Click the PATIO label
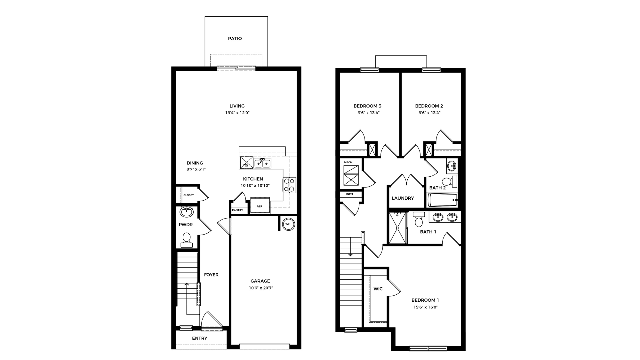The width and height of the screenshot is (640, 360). click(235, 38)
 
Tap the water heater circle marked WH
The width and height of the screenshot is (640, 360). click(288, 224)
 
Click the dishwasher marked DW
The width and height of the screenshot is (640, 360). click(246, 163)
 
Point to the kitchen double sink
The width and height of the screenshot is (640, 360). click(262, 163)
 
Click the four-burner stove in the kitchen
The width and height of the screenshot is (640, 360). click(289, 185)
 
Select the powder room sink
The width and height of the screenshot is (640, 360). click(187, 212)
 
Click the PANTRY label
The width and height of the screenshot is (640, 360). click(237, 210)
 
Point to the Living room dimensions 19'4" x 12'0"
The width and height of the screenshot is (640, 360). click(237, 113)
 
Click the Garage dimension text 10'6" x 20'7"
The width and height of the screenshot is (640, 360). click(260, 288)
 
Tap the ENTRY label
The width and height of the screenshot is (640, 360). click(199, 338)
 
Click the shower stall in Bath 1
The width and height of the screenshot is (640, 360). click(397, 228)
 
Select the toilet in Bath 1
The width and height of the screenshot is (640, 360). click(419, 219)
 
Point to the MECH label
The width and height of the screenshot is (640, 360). click(348, 162)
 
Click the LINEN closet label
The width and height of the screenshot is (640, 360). click(349, 194)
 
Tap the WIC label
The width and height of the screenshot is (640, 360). click(378, 289)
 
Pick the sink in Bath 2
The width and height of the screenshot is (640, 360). click(452, 166)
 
